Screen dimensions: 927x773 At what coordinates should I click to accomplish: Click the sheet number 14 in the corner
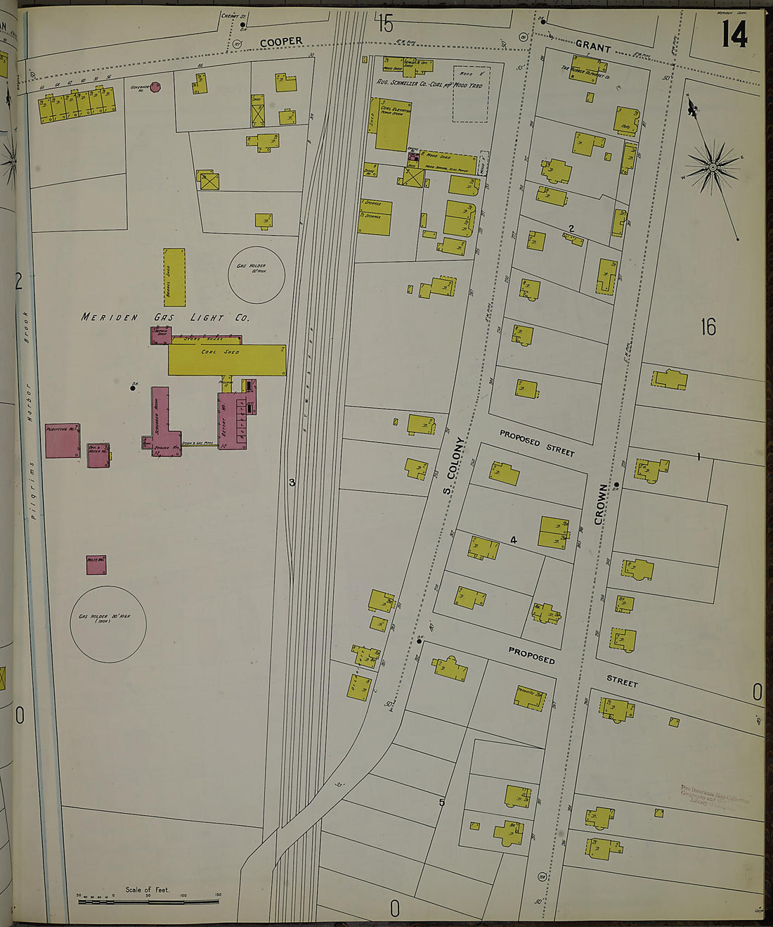coord(734,33)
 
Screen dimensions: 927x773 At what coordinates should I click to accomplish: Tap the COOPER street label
coord(281,42)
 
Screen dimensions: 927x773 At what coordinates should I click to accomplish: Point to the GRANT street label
coord(593,46)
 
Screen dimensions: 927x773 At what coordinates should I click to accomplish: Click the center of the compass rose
coord(713,167)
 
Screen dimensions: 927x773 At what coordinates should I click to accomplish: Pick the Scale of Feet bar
coord(148,900)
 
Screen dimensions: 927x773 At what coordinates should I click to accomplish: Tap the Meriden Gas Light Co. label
coord(164,317)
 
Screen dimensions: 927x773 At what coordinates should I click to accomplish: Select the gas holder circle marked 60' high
coord(256,274)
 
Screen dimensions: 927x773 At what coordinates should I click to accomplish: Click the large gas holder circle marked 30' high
coord(108,624)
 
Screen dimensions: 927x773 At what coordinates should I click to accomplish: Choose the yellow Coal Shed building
coord(226,359)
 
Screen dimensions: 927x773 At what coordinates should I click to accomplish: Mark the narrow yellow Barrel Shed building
coord(174,276)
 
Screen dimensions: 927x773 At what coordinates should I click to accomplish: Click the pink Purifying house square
coord(63,441)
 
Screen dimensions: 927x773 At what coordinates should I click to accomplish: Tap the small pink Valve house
coord(96,565)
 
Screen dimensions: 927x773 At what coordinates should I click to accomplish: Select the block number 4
coord(514,540)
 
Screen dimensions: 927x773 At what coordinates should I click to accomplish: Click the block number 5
coord(442,803)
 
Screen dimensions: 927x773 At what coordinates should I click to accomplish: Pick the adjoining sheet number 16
coord(708,327)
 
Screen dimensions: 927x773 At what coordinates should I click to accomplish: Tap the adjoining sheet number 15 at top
coord(384,25)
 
